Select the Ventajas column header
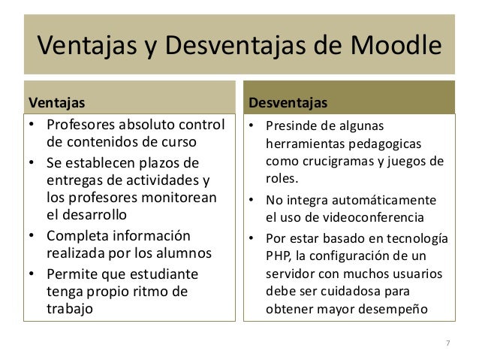[x=56, y=101]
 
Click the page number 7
[x=448, y=344]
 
